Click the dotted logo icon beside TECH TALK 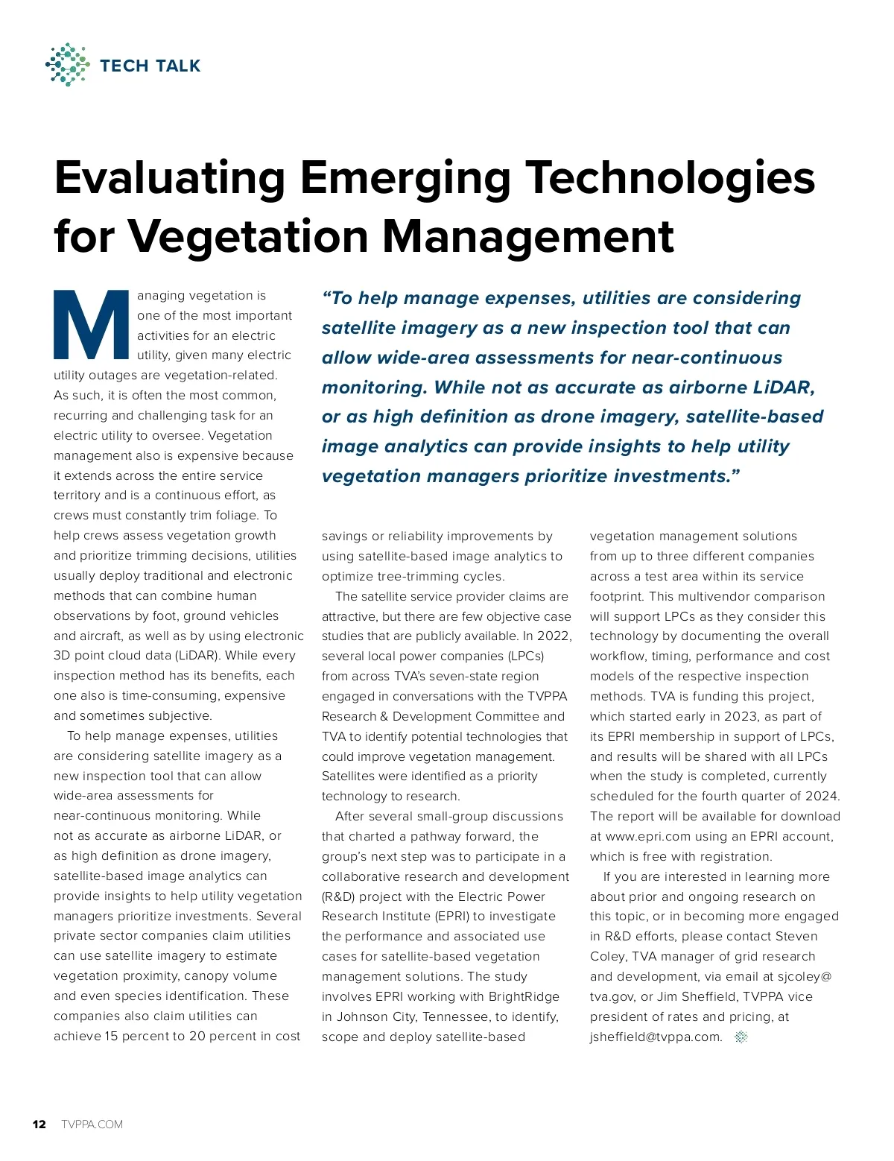[x=68, y=65]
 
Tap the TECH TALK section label [x=150, y=66]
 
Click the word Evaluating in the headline [x=171, y=178]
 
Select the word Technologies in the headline [x=670, y=178]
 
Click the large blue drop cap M [x=92, y=324]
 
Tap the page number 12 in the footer [x=39, y=1124]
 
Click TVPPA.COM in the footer [x=92, y=1124]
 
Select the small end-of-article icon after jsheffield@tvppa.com [x=741, y=1037]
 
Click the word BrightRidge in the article [x=524, y=996]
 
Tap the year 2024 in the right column [x=821, y=796]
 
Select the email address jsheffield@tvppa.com [x=656, y=1037]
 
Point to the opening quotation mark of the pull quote [x=326, y=297]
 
